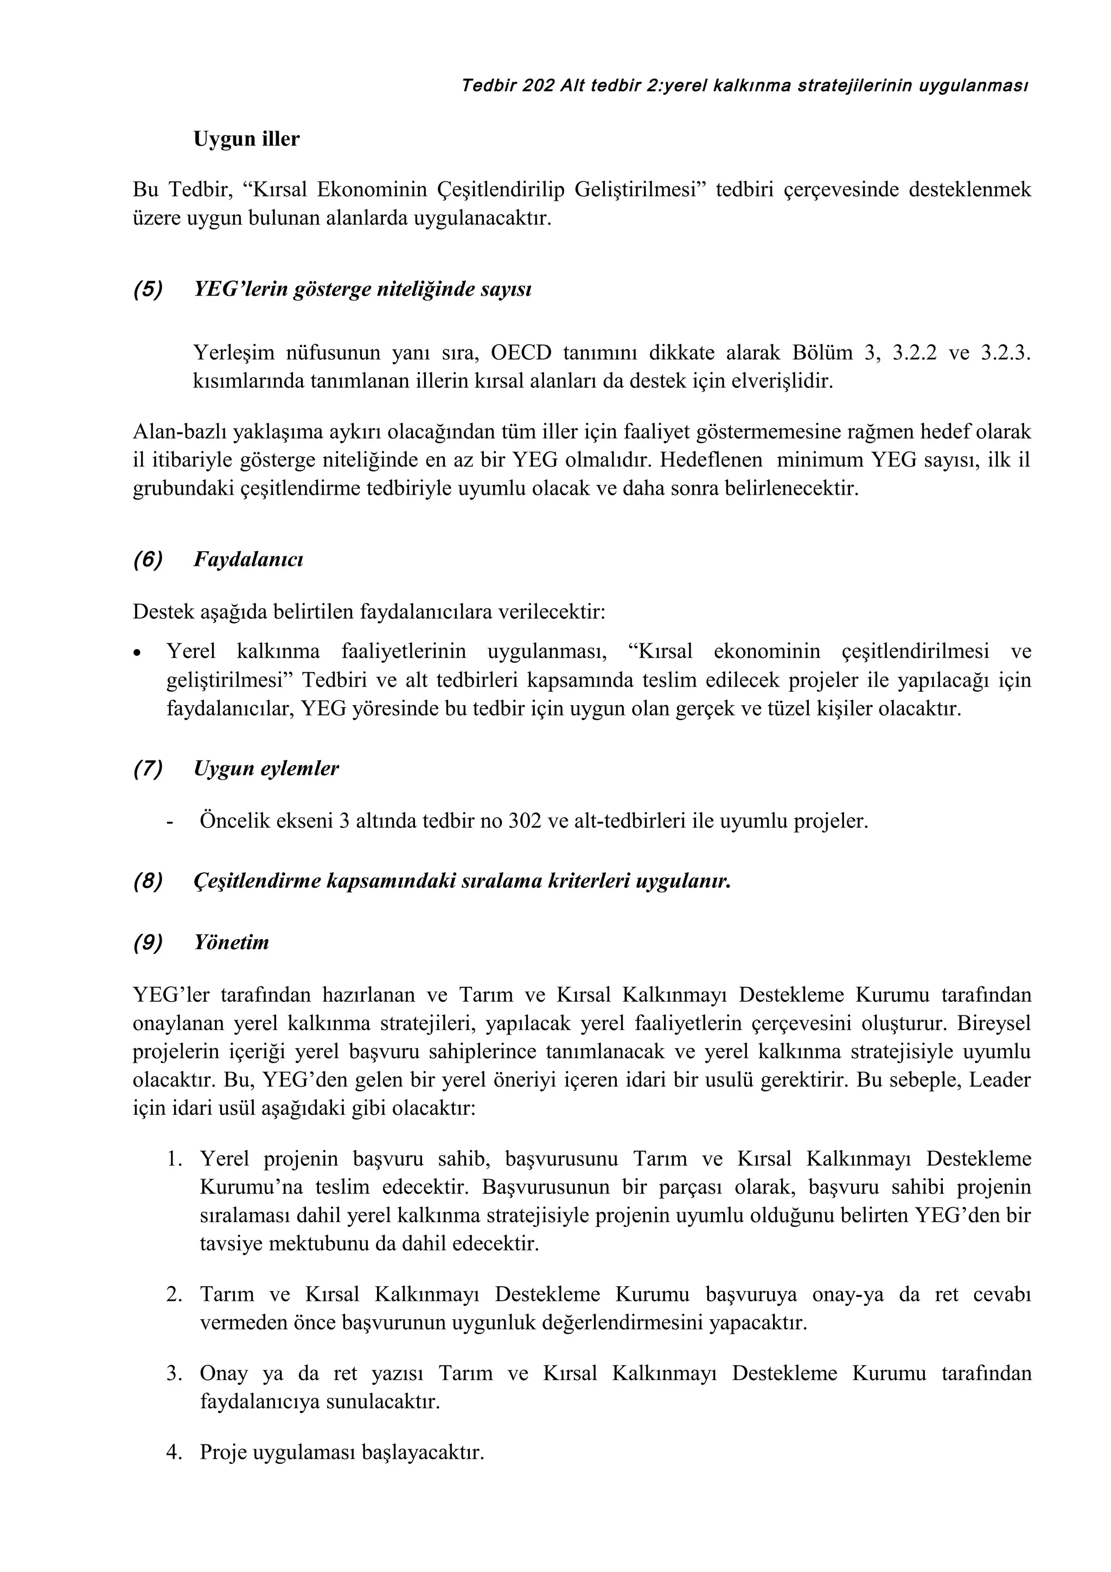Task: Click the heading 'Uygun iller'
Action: [x=246, y=139]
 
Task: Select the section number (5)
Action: [x=148, y=290]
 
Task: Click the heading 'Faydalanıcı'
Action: [x=248, y=559]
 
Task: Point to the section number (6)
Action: [x=148, y=559]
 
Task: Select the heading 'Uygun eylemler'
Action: [x=266, y=768]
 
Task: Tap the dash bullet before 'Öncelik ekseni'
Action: [x=170, y=821]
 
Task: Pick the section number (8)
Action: [x=148, y=880]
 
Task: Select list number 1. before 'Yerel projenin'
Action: [x=174, y=1159]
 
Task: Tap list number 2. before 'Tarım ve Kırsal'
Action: [x=174, y=1295]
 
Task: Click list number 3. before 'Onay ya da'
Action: [x=174, y=1373]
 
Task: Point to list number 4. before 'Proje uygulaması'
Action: [x=174, y=1452]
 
